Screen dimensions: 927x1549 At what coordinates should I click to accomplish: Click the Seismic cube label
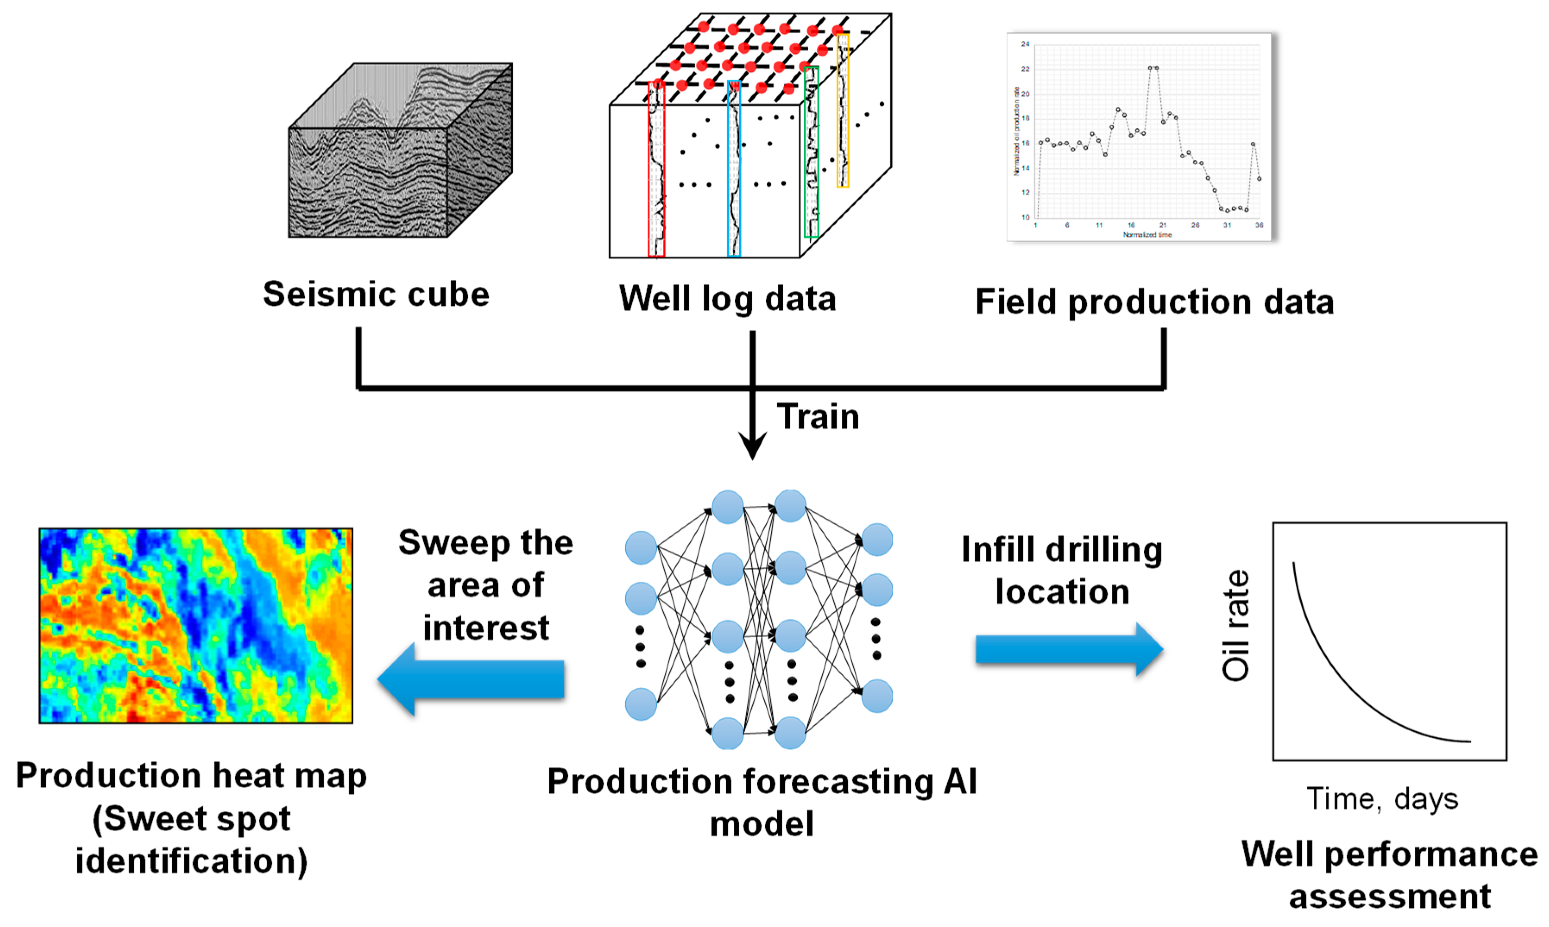pos(376,294)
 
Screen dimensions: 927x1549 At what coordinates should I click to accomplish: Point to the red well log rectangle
pos(656,169)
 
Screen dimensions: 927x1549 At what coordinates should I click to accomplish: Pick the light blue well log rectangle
pos(734,169)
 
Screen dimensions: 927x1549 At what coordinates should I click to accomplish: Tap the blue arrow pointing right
pos(1069,650)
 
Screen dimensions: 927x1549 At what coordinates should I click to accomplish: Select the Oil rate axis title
pos(1236,625)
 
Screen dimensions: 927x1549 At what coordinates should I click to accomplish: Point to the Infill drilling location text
pos(1061,570)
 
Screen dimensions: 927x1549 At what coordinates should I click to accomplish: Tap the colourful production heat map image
pos(195,625)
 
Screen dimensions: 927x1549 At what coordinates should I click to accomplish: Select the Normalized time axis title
pos(1147,235)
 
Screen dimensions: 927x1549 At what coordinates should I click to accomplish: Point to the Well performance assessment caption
pos(1389,874)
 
